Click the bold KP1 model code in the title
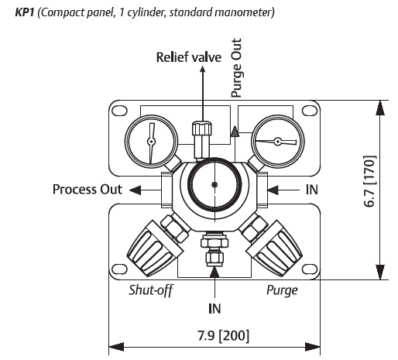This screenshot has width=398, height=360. [25, 12]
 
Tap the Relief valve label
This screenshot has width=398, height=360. [189, 57]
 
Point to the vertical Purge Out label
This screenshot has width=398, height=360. [236, 68]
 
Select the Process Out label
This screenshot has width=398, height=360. [87, 190]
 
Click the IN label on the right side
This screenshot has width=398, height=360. [312, 190]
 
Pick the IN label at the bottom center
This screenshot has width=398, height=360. [214, 309]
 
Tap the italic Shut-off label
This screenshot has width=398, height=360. [151, 290]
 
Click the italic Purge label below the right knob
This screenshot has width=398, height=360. [282, 290]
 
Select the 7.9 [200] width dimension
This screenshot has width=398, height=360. [224, 336]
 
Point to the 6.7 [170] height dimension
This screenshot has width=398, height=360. [369, 181]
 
